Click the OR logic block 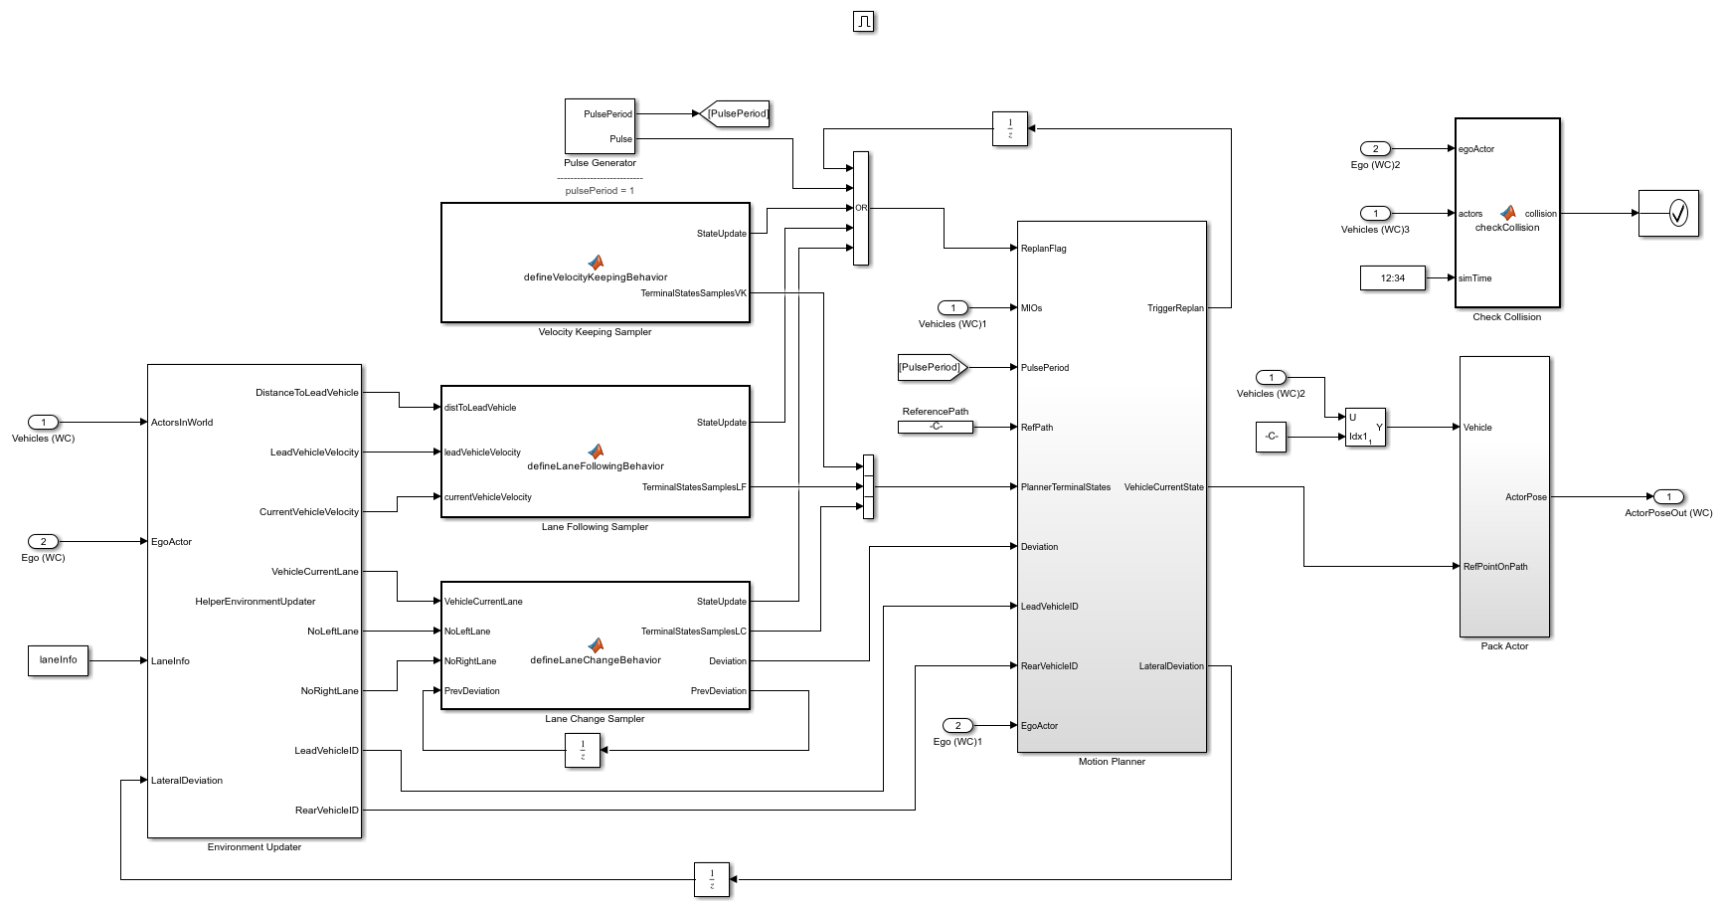point(861,208)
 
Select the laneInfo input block point(59,660)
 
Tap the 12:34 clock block point(1392,278)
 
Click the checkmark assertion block point(1669,213)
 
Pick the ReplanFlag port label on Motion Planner point(1043,249)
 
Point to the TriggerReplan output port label point(1175,308)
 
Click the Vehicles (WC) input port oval point(43,422)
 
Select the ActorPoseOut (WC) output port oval point(1668,496)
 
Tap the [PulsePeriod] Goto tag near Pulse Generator point(736,113)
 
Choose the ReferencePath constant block point(936,427)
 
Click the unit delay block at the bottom point(712,879)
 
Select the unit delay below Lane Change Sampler point(583,750)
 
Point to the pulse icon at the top point(863,21)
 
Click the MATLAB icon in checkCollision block point(1508,213)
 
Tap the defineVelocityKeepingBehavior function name point(596,277)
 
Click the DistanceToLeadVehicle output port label point(306,393)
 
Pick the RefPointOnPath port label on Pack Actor point(1494,567)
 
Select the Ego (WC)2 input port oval point(1375,148)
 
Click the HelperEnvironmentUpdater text point(256,602)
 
